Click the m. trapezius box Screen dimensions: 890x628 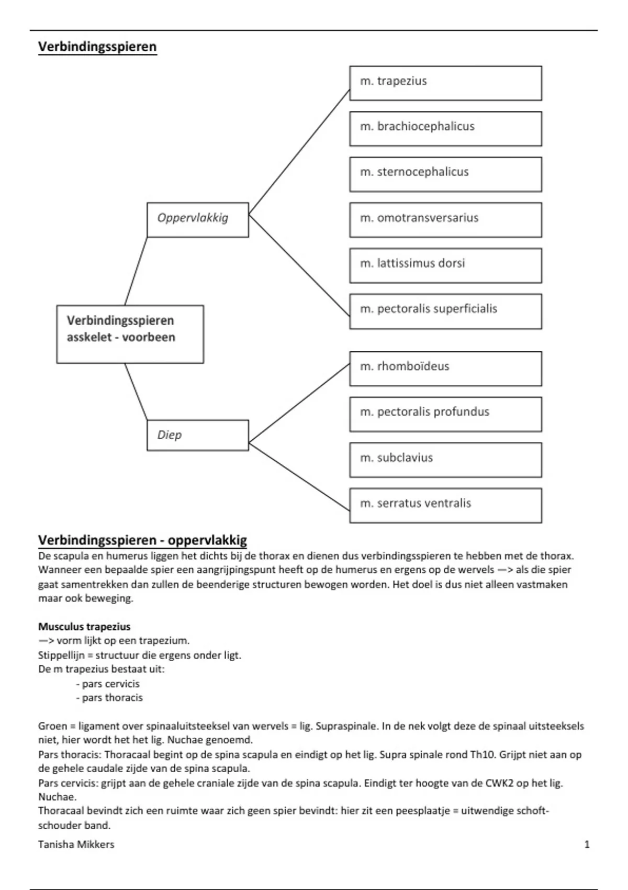click(445, 83)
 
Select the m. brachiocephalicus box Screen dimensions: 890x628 click(445, 128)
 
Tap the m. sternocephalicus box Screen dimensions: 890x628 click(445, 174)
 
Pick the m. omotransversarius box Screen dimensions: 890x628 click(445, 220)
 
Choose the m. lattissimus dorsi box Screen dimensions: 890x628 click(445, 265)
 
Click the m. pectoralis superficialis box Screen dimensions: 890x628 click(445, 311)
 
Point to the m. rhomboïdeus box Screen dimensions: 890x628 click(445, 369)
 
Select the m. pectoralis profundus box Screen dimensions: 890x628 click(445, 414)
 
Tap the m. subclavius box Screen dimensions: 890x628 click(445, 460)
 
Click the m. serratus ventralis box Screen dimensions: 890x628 click(445, 505)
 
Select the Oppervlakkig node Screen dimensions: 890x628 click(197, 220)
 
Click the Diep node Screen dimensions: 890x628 click(197, 435)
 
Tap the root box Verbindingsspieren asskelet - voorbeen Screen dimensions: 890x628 click(130, 334)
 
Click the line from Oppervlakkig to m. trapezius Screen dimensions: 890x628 click(299, 152)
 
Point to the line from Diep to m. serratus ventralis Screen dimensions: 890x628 click(299, 476)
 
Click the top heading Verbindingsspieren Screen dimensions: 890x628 click(97, 47)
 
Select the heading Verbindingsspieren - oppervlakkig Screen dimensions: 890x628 click(142, 540)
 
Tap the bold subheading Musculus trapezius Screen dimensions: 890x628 click(84, 627)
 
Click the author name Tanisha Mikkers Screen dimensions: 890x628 click(76, 844)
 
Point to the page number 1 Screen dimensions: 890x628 click(587, 844)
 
